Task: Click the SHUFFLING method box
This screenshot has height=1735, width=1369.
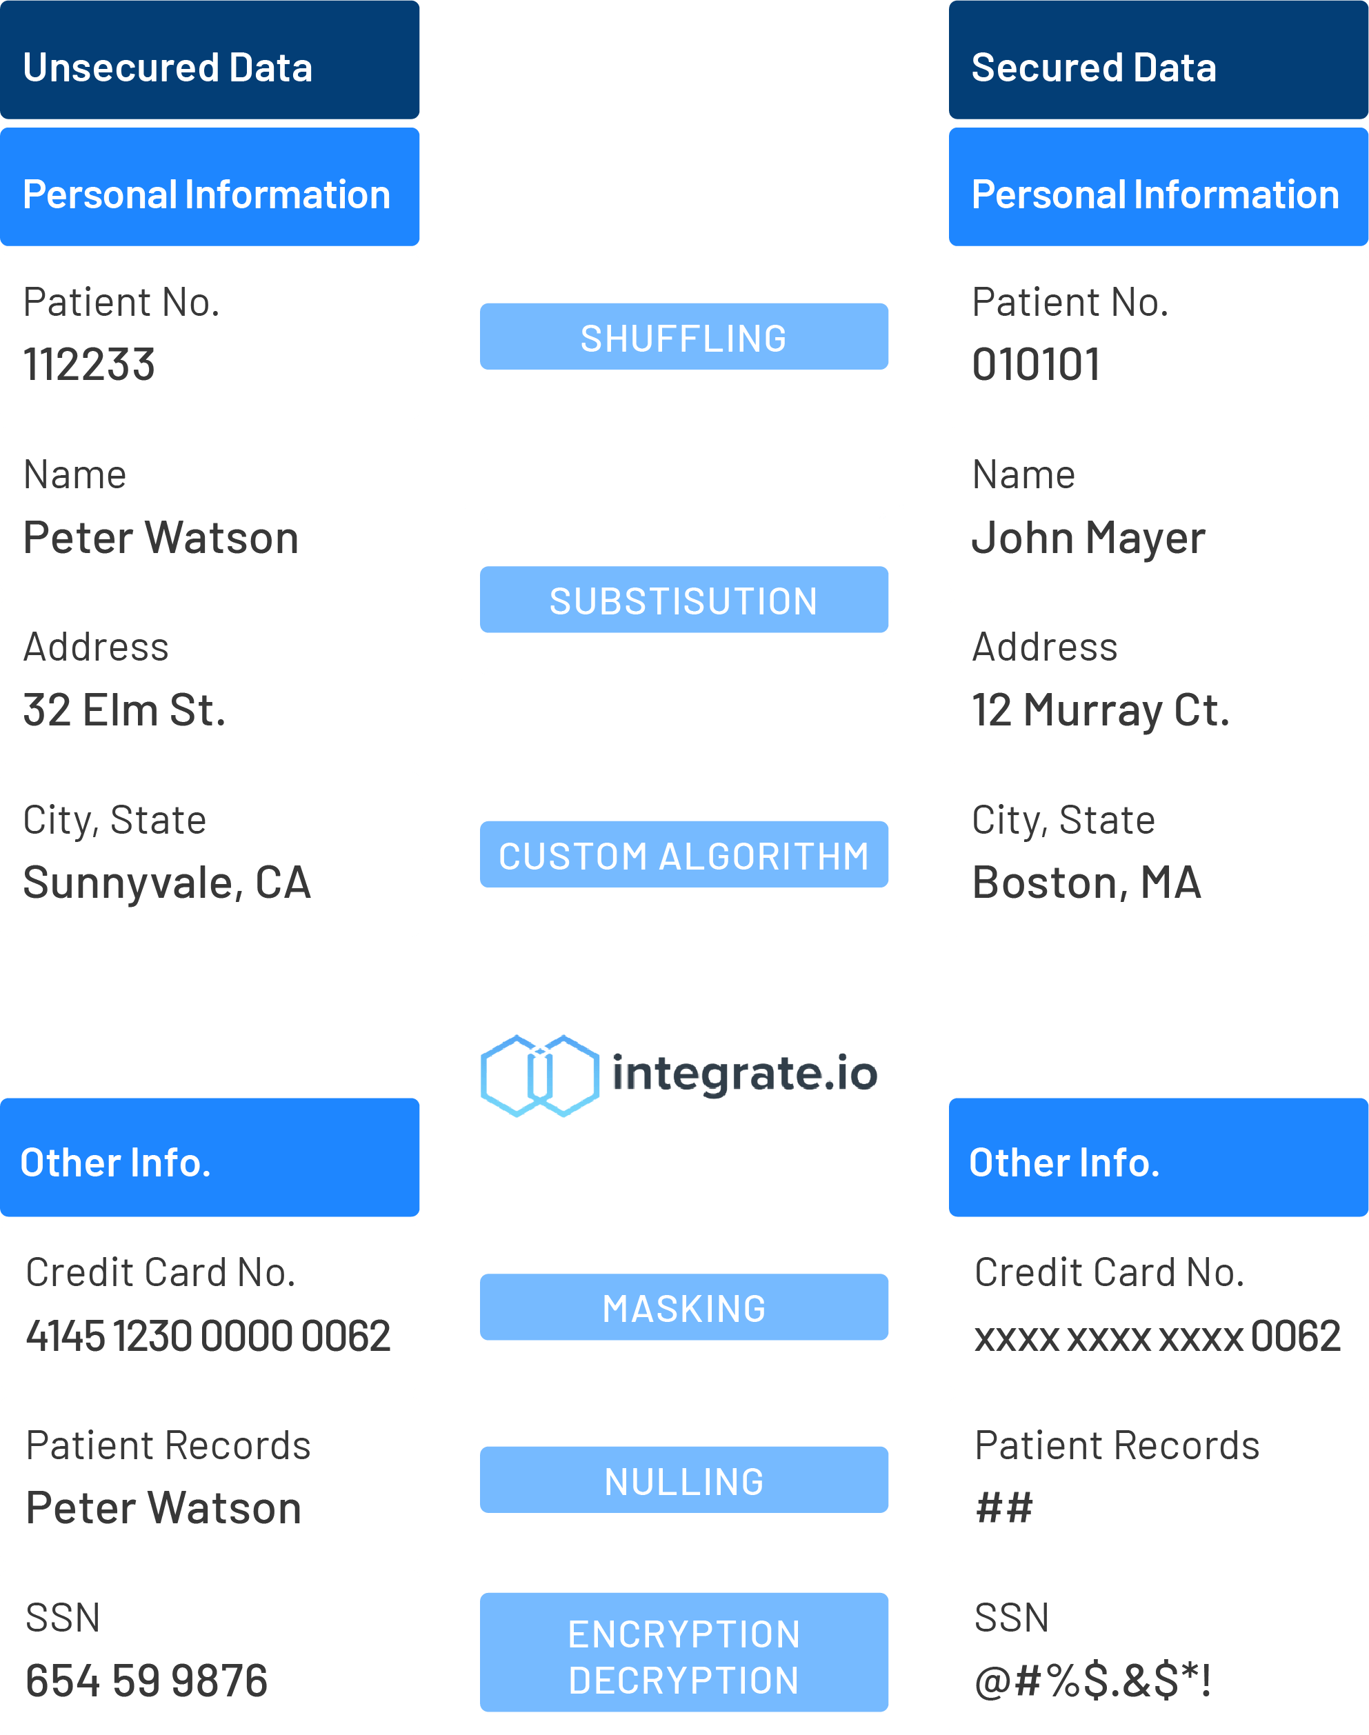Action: coord(683,337)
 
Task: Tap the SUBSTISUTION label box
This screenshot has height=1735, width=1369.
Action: coord(683,599)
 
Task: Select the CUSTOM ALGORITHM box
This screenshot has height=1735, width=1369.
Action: coord(683,854)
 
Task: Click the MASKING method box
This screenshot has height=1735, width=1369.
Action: coord(683,1307)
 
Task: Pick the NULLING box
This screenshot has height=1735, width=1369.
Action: coord(683,1480)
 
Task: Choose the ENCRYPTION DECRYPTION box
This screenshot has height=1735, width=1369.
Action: coord(683,1652)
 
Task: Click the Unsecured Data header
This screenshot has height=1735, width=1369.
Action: coord(209,60)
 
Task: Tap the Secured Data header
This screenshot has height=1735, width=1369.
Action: coord(1158,60)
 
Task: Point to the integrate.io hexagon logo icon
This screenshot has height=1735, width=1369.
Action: coord(539,1076)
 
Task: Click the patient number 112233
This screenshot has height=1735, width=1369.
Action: coord(89,365)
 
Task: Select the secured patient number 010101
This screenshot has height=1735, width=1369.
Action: coord(1036,365)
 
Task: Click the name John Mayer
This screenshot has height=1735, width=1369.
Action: coord(1088,539)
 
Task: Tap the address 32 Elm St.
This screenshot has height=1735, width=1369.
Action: coord(124,710)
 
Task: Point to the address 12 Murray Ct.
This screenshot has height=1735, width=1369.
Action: coord(1101,711)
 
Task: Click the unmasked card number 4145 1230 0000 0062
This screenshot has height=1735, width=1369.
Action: coord(208,1336)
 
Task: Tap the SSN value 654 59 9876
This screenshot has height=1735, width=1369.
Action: coord(147,1681)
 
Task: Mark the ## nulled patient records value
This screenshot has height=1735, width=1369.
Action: coord(1004,1508)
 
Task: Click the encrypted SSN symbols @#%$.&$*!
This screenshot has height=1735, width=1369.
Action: coord(1092,1681)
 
